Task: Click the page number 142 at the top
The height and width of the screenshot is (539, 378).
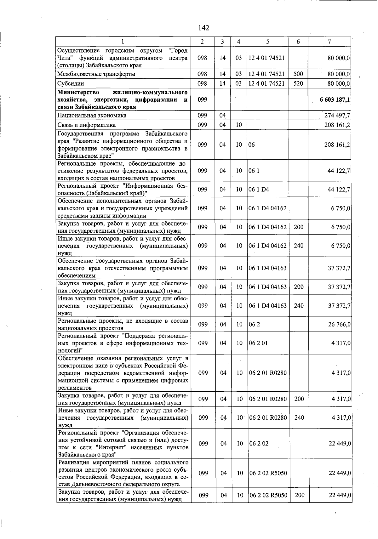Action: [x=204, y=28]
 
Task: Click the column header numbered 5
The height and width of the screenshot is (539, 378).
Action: [x=267, y=42]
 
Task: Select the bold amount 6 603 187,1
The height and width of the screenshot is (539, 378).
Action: [x=335, y=100]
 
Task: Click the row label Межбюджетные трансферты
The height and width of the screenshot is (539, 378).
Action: [x=96, y=74]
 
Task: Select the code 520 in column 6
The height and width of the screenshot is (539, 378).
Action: [x=298, y=83]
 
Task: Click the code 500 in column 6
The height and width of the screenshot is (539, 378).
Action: [x=298, y=74]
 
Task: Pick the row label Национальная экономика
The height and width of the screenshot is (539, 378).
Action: [x=92, y=116]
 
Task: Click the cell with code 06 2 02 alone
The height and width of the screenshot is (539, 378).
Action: [x=259, y=443]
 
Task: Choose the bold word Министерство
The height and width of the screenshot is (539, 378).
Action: [x=78, y=92]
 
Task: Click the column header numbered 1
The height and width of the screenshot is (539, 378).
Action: [x=123, y=42]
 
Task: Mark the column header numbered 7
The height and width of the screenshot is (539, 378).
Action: [x=329, y=42]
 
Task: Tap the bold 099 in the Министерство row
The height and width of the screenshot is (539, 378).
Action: [x=202, y=99]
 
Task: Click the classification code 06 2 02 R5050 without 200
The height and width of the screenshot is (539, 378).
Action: [x=268, y=473]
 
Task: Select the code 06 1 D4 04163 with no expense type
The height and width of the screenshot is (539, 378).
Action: [x=268, y=268]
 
